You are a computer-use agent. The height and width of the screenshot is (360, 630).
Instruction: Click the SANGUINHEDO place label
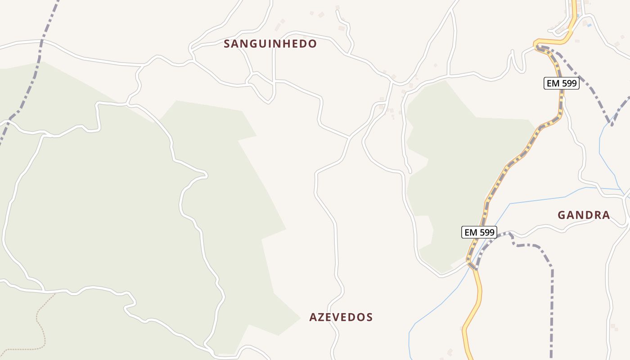pyautogui.click(x=270, y=44)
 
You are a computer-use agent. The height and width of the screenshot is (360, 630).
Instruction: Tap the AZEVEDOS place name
pyautogui.click(x=341, y=317)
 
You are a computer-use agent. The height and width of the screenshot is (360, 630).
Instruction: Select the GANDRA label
pyautogui.click(x=584, y=215)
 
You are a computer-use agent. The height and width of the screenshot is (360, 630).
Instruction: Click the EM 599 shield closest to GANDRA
pyautogui.click(x=479, y=232)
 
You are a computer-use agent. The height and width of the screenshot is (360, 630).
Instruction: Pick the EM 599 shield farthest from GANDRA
pyautogui.click(x=561, y=83)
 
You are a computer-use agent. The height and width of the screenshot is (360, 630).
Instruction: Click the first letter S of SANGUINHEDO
pyautogui.click(x=227, y=44)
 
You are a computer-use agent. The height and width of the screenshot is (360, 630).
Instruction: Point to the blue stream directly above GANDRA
pyautogui.click(x=540, y=199)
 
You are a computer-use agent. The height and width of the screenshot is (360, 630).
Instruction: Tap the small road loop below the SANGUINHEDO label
pyautogui.click(x=262, y=88)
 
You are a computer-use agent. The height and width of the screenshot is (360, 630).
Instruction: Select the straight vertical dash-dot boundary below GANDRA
pyautogui.click(x=552, y=315)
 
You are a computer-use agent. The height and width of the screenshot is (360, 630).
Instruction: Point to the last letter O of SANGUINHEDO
pyautogui.click(x=313, y=44)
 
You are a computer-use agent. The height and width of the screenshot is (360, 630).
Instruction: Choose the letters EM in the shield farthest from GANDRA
pyautogui.click(x=553, y=83)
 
